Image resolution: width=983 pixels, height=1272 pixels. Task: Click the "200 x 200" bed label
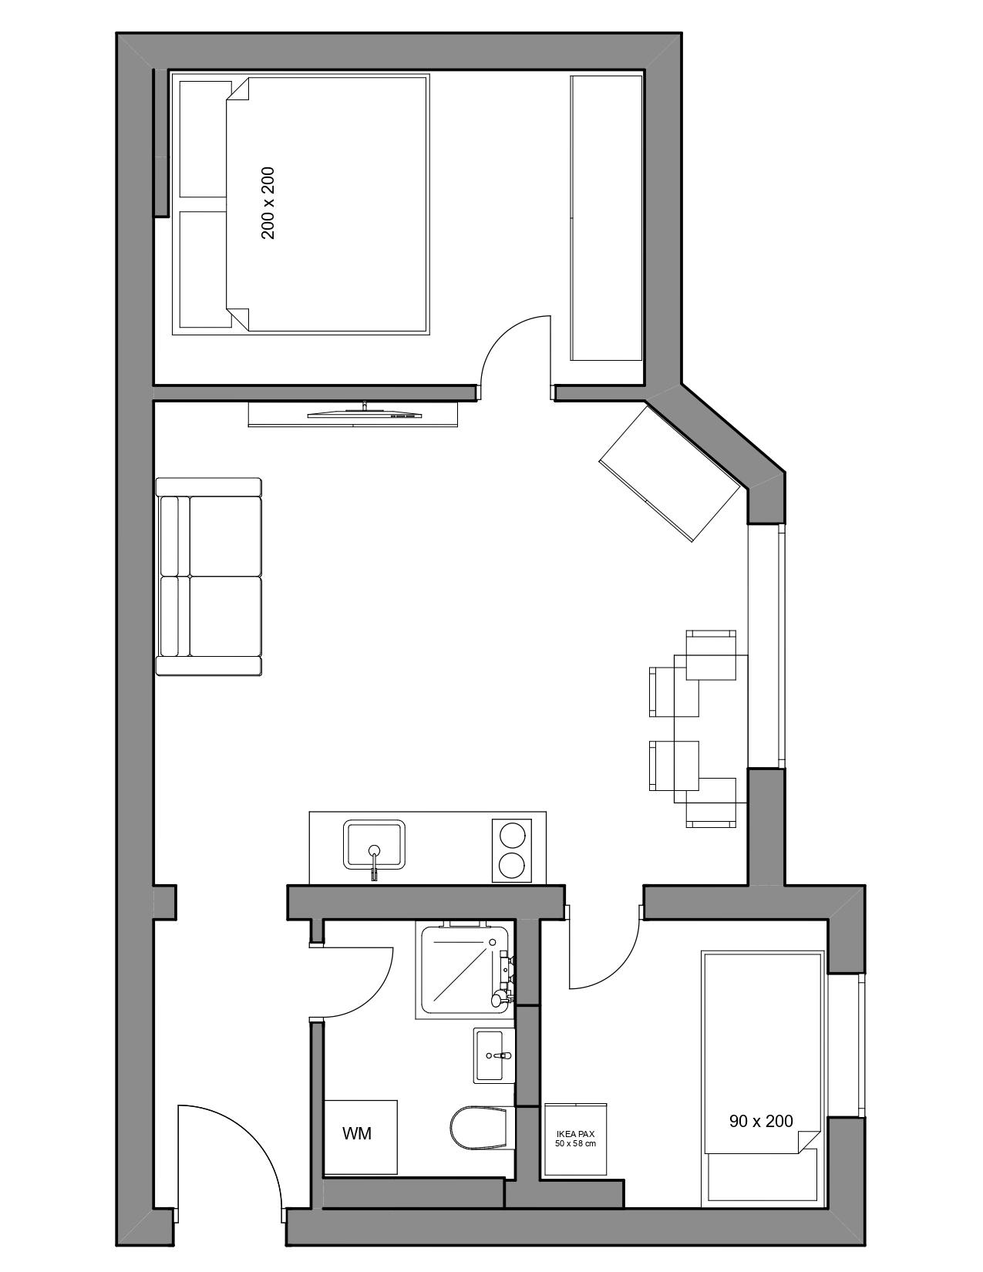tap(268, 203)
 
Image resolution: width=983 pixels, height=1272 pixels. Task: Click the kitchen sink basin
tap(374, 845)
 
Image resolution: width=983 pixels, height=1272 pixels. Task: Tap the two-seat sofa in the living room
tap(208, 577)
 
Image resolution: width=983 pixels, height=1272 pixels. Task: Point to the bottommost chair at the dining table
tap(711, 803)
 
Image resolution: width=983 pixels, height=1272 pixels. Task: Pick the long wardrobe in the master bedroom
tap(607, 217)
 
